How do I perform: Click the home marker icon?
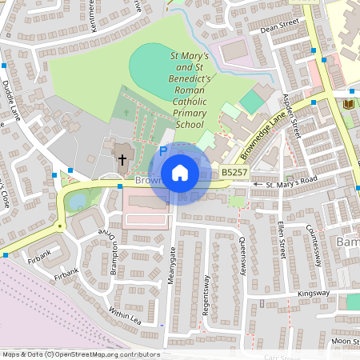180,173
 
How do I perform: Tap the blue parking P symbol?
163,150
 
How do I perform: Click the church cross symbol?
122,159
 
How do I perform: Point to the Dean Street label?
278,29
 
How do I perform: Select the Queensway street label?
242,256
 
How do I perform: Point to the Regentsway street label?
206,294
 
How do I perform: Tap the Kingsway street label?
314,294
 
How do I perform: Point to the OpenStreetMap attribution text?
81,354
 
